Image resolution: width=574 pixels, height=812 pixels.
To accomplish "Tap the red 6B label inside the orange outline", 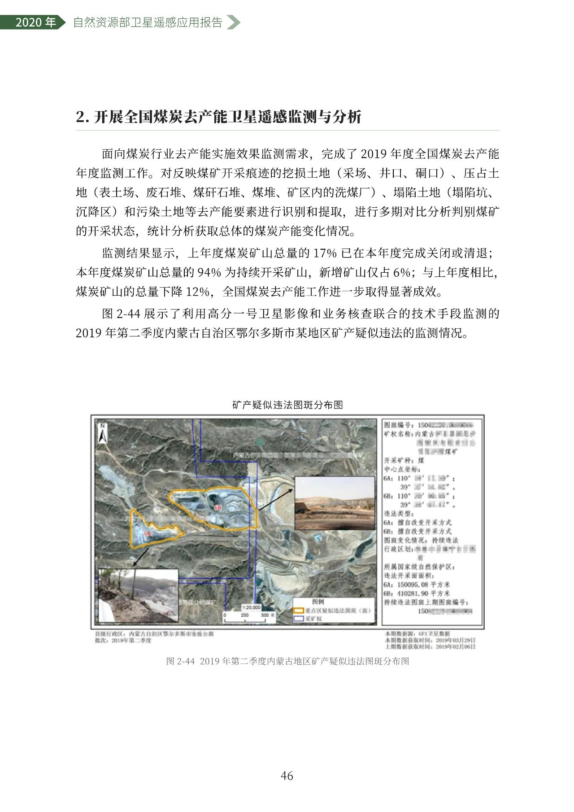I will point(218,507).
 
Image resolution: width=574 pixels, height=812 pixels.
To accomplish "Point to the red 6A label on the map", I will point(148,533).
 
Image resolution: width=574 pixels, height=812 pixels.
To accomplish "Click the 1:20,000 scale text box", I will point(251,607).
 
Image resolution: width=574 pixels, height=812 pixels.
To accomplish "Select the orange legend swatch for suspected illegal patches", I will point(298,611).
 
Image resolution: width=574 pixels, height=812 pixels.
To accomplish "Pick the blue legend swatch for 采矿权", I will point(298,618).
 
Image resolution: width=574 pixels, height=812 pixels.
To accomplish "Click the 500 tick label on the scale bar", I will point(265,615).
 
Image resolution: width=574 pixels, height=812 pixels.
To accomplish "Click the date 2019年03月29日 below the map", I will point(456,640).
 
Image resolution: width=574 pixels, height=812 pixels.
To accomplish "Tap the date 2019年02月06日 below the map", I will point(456,646).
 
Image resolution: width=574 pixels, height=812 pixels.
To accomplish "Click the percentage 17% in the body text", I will point(325,253).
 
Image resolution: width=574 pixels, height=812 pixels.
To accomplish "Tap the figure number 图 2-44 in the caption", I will point(180,661).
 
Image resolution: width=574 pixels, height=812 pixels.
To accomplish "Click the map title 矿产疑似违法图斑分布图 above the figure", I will point(287,405).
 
